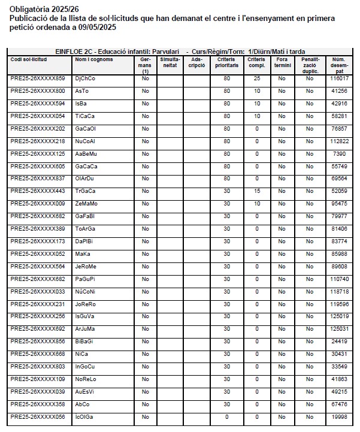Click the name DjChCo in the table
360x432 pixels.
(x=85, y=78)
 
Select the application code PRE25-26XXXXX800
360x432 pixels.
(x=38, y=91)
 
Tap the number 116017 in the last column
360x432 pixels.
(x=340, y=78)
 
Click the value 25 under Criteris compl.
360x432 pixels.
(x=256, y=78)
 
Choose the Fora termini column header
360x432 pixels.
(x=282, y=62)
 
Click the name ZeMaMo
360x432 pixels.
(x=87, y=204)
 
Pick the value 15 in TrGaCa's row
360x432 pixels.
(x=256, y=191)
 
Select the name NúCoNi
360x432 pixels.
(x=86, y=291)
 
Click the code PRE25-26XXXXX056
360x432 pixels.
(x=38, y=417)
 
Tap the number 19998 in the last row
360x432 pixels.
(x=340, y=417)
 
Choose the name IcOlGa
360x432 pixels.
(x=84, y=417)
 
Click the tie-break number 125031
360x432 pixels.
(x=340, y=329)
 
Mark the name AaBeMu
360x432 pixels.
(x=87, y=154)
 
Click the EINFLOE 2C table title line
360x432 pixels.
(x=180, y=52)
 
